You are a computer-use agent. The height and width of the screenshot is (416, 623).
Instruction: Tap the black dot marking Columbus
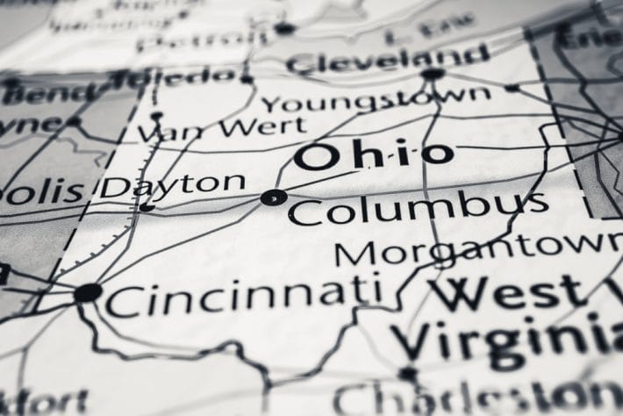(272, 197)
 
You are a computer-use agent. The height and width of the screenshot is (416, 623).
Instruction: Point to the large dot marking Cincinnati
(87, 292)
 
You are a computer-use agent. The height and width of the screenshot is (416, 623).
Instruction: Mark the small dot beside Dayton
(147, 208)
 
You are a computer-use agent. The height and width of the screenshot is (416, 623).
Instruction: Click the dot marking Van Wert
(156, 115)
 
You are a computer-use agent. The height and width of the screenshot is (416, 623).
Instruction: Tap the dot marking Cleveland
(432, 74)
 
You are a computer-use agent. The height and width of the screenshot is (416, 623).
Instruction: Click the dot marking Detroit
(283, 28)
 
